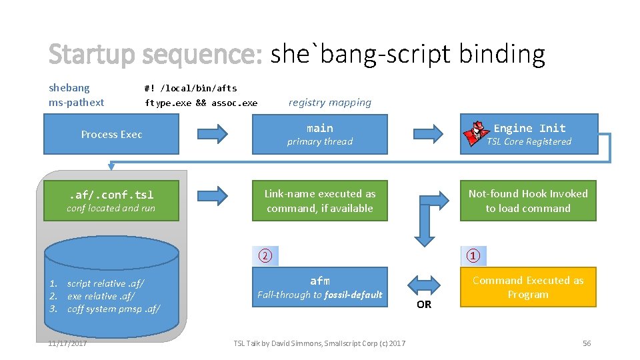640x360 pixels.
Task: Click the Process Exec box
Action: click(x=111, y=134)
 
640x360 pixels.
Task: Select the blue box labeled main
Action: click(x=319, y=134)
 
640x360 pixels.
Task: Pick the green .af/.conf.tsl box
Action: click(x=111, y=201)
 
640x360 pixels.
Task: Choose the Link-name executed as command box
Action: click(x=319, y=201)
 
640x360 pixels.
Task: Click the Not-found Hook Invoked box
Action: click(x=528, y=201)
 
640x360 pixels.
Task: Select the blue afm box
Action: click(x=319, y=287)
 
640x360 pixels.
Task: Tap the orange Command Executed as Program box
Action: click(x=528, y=287)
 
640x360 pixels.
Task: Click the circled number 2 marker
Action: click(x=265, y=256)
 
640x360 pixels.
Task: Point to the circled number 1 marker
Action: click(x=473, y=256)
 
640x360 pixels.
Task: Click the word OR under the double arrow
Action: click(x=424, y=305)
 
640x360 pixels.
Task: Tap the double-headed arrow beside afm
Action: click(x=424, y=281)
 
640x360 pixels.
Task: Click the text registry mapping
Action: click(x=329, y=102)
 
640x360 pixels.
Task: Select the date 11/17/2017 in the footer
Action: click(x=67, y=343)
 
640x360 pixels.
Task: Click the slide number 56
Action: click(x=587, y=343)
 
